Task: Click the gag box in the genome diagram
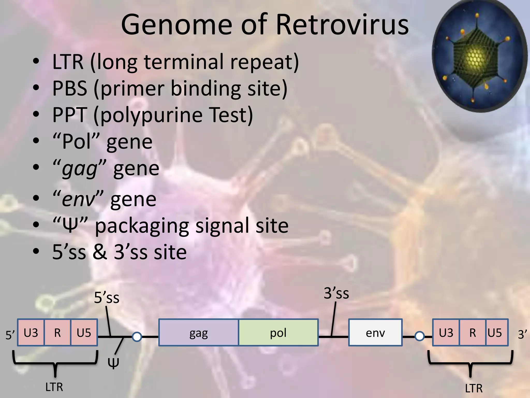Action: click(198, 333)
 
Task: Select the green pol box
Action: click(278, 333)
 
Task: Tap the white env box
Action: click(375, 333)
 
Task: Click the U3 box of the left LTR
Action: click(31, 333)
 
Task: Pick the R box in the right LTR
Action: click(473, 333)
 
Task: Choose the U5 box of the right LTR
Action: click(495, 333)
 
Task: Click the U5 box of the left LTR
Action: click(84, 333)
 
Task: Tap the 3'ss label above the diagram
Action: click(336, 293)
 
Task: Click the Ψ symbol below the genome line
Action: click(113, 363)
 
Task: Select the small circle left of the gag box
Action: click(137, 337)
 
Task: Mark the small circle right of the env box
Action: click(419, 336)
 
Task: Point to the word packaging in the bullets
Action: click(142, 226)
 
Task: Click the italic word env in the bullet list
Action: click(79, 200)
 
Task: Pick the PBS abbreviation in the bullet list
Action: click(70, 88)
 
